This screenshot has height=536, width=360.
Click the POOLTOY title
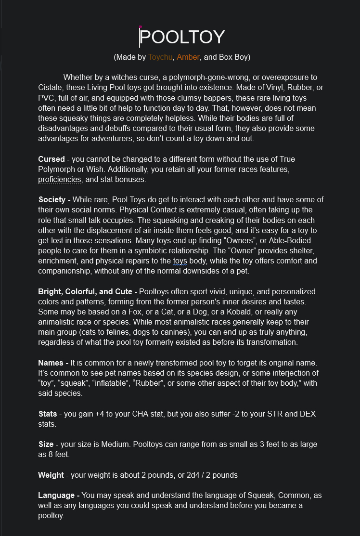click(x=182, y=38)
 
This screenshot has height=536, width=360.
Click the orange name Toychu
click(x=161, y=57)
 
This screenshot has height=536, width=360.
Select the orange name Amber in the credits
click(x=188, y=57)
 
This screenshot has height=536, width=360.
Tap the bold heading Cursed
click(x=51, y=159)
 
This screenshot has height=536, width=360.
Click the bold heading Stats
click(x=48, y=414)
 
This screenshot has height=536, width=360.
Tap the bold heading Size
click(x=46, y=444)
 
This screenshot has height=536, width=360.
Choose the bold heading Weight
click(x=51, y=475)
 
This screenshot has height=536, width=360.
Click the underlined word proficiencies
click(x=60, y=180)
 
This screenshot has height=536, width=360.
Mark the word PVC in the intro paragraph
click(x=47, y=98)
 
